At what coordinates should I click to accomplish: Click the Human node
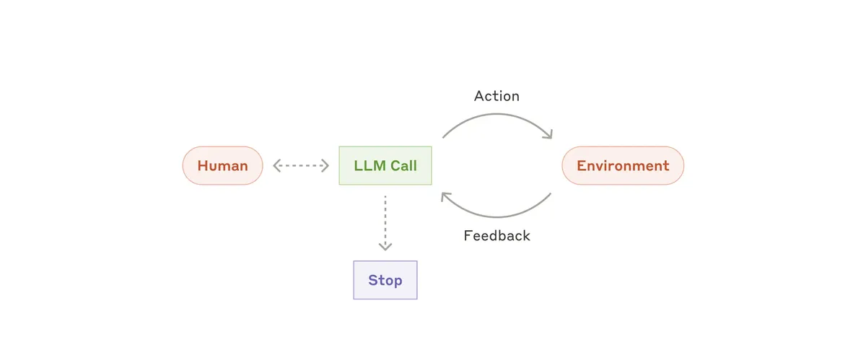point(222,166)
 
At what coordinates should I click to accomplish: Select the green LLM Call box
point(385,166)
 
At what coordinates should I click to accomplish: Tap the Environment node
point(623,166)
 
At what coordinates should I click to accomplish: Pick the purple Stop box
point(385,280)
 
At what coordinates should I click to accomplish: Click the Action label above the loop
point(497,96)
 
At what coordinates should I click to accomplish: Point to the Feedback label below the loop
point(497,236)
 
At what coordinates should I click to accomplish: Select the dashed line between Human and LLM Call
point(301,166)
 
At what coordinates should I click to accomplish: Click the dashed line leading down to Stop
point(385,220)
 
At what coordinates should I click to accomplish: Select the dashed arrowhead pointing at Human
point(276,166)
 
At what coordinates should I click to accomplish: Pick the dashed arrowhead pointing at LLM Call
point(325,166)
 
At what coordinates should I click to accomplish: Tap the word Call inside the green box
point(404,166)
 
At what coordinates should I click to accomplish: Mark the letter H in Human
point(203,166)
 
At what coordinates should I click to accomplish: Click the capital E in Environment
point(581,166)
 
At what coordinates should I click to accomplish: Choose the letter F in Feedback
point(468,236)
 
